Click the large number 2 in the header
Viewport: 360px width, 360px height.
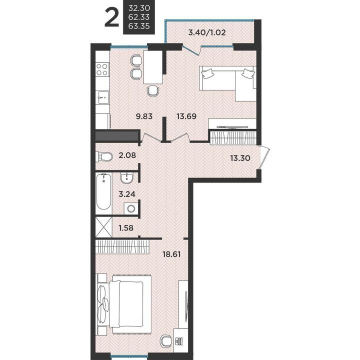(x=112, y=17)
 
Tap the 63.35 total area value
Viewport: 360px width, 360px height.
(x=139, y=25)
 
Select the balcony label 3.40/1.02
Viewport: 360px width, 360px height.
(x=207, y=32)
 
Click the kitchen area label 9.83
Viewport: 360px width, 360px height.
(x=144, y=116)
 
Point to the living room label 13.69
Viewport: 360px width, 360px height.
(x=186, y=116)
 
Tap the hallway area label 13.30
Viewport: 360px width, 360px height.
(x=240, y=158)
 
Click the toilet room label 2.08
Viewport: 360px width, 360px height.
(x=127, y=155)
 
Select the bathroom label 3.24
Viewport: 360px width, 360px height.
(x=127, y=194)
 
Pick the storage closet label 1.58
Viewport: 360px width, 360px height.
(x=126, y=228)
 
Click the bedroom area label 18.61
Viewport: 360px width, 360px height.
(x=171, y=254)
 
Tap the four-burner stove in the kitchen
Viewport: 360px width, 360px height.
(x=102, y=69)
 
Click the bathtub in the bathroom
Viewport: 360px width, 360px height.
(x=104, y=191)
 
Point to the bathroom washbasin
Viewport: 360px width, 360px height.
(x=126, y=178)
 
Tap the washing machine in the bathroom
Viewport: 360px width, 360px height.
(x=131, y=208)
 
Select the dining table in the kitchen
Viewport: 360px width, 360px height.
(x=153, y=67)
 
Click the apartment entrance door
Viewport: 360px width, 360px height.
(x=264, y=157)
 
